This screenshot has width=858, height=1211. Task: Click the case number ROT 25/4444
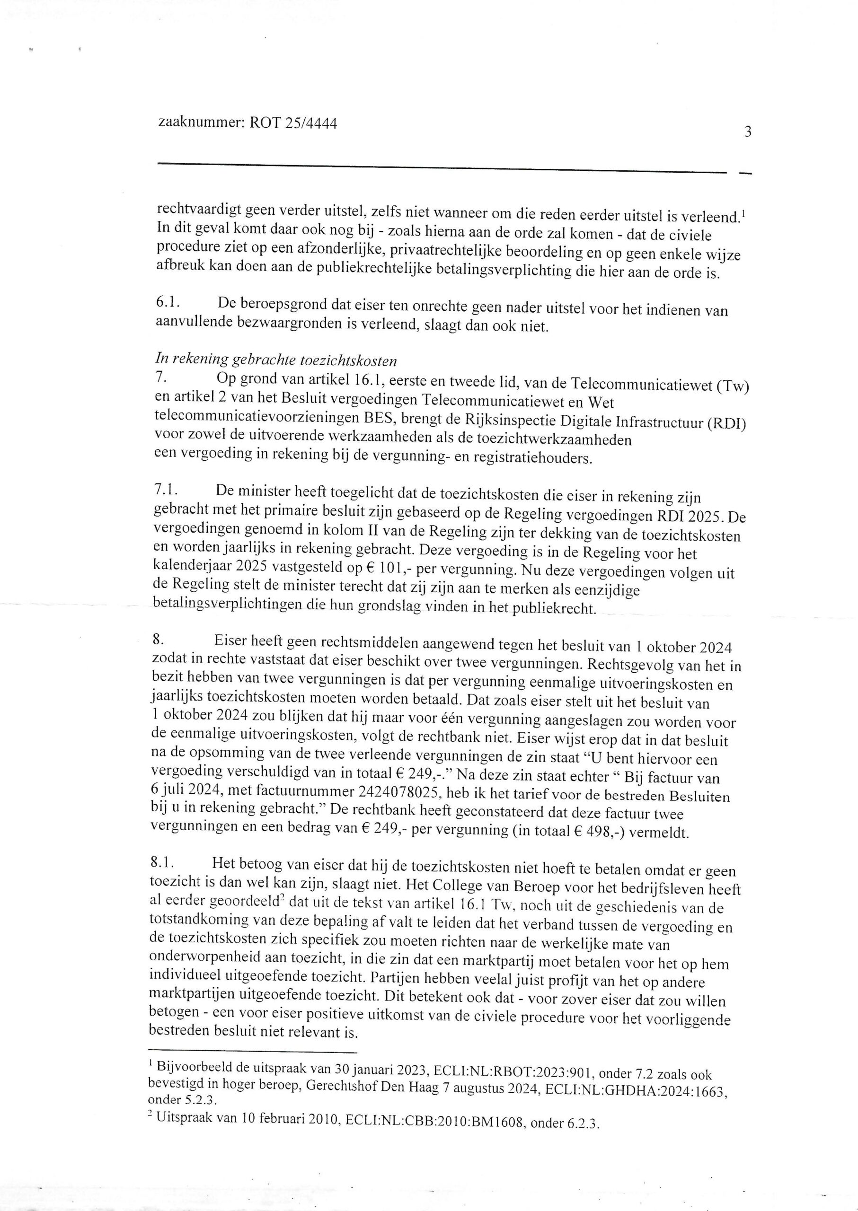(x=293, y=123)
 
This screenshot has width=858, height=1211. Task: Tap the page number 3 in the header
(x=748, y=132)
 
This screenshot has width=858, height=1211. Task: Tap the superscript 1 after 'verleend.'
(x=743, y=212)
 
